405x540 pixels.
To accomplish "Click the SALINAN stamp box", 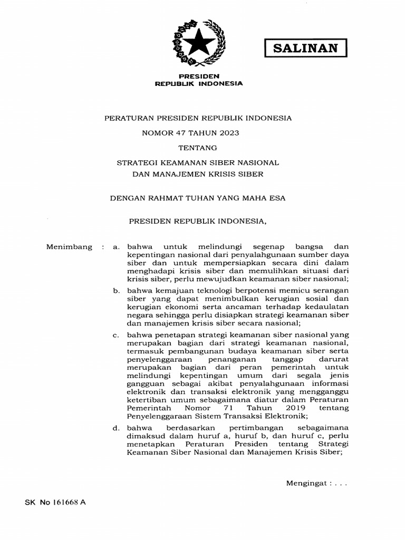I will coord(306,49).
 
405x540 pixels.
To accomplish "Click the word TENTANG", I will coord(198,148).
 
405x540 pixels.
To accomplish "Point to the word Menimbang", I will coord(69,247).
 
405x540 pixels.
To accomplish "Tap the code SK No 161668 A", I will coord(55,503).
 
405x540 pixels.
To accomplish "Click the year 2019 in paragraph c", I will coord(298,408).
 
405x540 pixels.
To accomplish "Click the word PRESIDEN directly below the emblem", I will coord(198,76).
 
